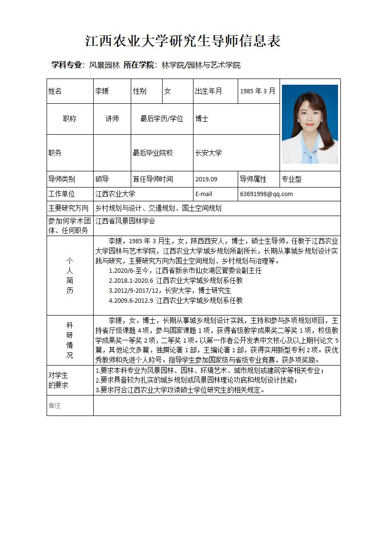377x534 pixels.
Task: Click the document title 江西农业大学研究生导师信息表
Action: (183, 41)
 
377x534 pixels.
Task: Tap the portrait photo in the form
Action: (309, 124)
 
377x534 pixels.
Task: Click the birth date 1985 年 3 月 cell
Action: (257, 91)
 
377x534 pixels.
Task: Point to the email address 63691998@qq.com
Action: (266, 194)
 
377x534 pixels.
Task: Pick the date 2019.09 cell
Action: (206, 179)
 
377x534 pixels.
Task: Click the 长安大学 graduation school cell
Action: (208, 153)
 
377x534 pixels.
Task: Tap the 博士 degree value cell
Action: (202, 119)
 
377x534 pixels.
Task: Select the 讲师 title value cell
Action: (112, 119)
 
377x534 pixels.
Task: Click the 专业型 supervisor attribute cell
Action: (291, 179)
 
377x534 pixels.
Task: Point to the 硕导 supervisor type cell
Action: (102, 179)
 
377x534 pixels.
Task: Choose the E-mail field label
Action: (203, 194)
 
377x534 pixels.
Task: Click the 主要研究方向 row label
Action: (68, 208)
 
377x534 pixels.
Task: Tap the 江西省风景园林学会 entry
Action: (125, 221)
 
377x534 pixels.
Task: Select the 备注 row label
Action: (55, 405)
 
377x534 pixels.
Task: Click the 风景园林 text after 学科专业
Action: (105, 65)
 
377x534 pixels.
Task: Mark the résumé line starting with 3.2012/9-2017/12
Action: (170, 290)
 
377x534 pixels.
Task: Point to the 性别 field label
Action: (140, 91)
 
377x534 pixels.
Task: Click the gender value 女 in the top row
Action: (167, 91)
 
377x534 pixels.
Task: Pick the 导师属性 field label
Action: (253, 179)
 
